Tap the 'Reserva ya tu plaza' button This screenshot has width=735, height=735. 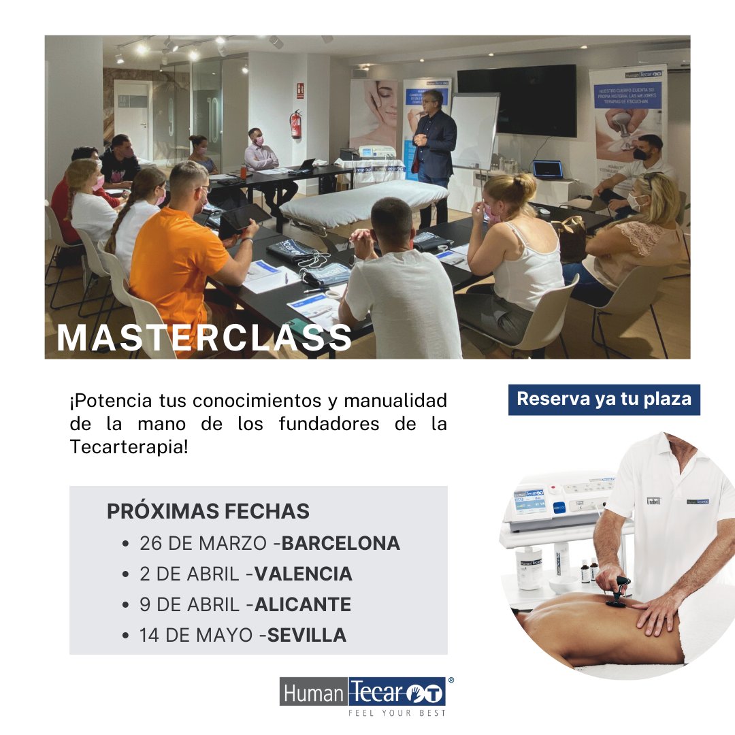point(604,399)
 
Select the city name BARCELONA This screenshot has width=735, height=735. point(341,543)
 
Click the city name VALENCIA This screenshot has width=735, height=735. point(304,574)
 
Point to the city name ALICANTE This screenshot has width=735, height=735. point(303,604)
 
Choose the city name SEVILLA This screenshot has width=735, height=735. point(307,635)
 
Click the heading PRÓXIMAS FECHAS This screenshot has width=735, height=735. point(208,511)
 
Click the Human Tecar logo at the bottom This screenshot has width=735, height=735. point(363,692)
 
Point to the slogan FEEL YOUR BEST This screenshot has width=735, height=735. point(397,713)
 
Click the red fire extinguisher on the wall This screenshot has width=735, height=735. point(295,125)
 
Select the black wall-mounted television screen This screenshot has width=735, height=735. point(517,100)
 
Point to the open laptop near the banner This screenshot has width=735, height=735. point(548,170)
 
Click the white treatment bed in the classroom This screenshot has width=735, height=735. point(364,200)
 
